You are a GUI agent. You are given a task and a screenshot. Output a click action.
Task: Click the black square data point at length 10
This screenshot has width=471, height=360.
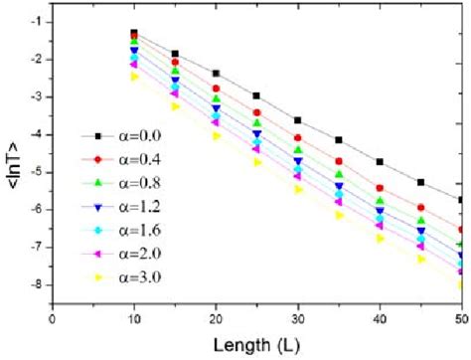pos(133,33)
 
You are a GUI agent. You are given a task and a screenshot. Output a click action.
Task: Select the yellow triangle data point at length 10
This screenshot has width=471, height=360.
pos(133,77)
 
